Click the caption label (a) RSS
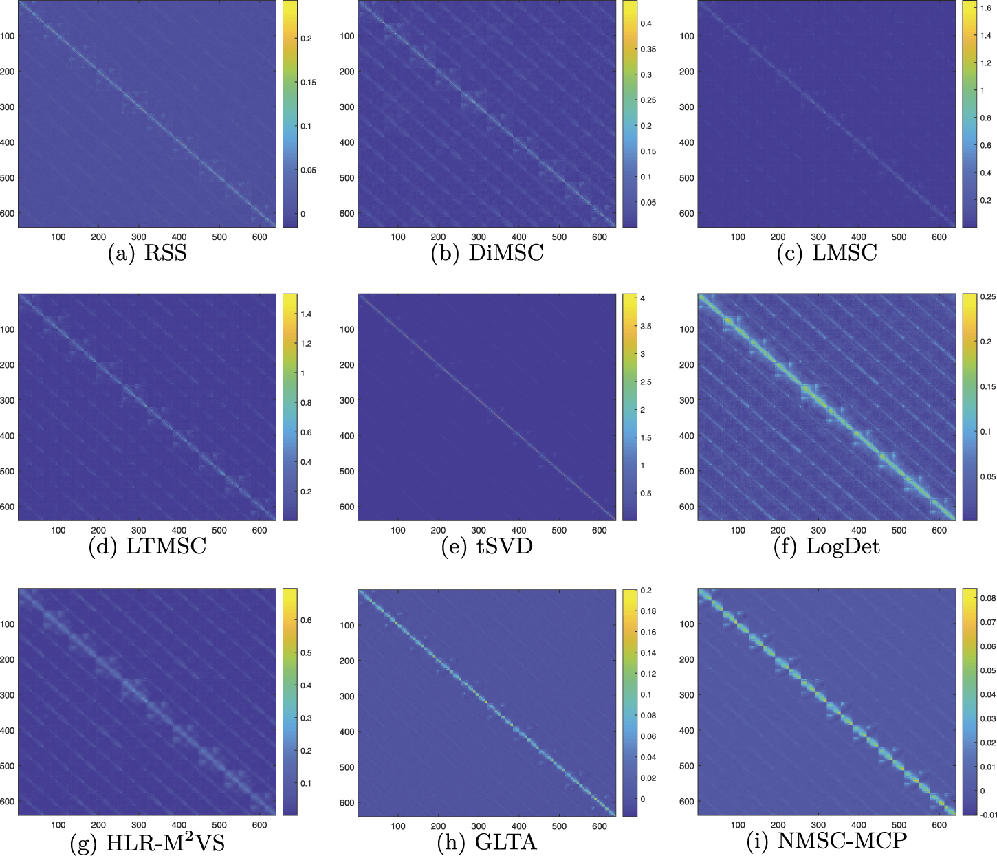(x=147, y=253)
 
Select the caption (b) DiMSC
(x=487, y=253)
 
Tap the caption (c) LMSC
(x=826, y=253)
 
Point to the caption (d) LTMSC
(x=147, y=547)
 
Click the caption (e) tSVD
(x=487, y=547)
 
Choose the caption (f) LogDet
(x=826, y=547)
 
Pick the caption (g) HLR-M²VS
(x=147, y=842)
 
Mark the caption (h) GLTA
(x=487, y=842)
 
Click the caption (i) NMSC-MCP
(x=826, y=840)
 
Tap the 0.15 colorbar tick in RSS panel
(x=308, y=83)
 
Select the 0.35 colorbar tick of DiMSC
(x=648, y=50)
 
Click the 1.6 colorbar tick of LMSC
(x=985, y=8)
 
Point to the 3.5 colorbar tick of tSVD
(x=646, y=327)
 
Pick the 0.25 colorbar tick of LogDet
(x=987, y=297)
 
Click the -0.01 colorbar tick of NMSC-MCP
(x=987, y=815)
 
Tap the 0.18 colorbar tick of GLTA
(x=648, y=611)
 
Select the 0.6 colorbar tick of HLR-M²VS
(x=305, y=620)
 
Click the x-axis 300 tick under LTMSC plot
(x=139, y=530)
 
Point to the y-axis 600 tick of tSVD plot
(x=347, y=507)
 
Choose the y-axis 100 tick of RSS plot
(x=7, y=36)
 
